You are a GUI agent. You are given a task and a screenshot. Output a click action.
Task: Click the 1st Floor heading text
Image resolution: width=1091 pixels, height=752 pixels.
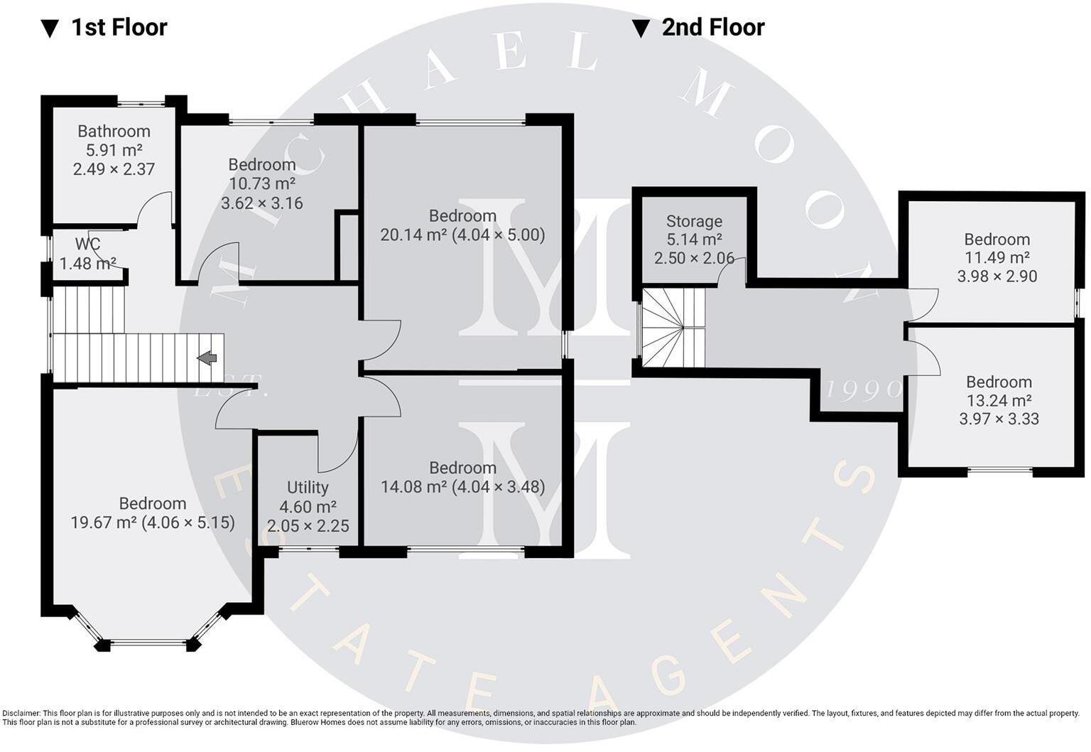(x=119, y=28)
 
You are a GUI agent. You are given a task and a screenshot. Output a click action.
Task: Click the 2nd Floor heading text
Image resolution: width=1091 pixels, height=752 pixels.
(x=712, y=28)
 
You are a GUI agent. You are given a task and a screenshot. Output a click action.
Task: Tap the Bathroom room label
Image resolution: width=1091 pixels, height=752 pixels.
(x=114, y=131)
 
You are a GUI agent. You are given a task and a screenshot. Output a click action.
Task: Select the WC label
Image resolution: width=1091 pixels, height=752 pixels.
(x=87, y=245)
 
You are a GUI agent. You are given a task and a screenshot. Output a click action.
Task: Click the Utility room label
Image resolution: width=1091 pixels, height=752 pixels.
(x=308, y=488)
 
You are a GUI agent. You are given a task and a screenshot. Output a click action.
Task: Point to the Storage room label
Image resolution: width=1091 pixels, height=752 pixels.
(x=694, y=222)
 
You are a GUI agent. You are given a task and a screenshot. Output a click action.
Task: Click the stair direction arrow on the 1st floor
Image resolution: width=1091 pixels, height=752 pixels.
(x=207, y=358)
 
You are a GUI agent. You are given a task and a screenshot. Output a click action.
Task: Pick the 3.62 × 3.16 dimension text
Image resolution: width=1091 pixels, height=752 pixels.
(x=262, y=203)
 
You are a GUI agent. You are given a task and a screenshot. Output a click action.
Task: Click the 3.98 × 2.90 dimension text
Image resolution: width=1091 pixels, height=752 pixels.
(x=997, y=276)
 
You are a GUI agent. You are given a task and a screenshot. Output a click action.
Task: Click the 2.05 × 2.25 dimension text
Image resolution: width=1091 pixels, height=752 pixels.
(x=308, y=526)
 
